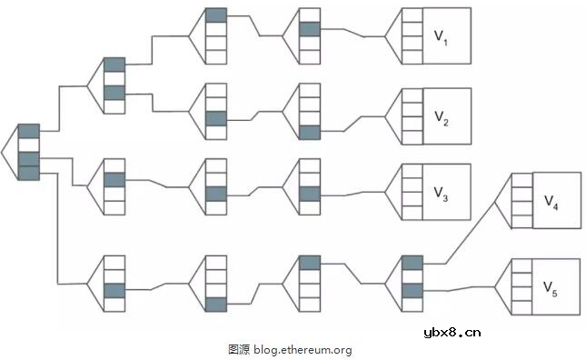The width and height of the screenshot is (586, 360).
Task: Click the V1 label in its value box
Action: point(440,37)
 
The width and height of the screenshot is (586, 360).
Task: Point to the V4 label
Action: point(551,201)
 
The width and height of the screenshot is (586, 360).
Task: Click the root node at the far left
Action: point(28,152)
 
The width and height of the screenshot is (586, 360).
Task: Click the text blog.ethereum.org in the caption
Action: point(302,348)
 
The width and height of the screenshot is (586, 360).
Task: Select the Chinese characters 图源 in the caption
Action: point(238,348)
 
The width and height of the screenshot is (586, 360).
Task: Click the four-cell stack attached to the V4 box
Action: point(521,201)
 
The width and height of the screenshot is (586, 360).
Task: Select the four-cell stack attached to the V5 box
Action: point(521,287)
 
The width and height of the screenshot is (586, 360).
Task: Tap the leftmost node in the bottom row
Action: point(114,283)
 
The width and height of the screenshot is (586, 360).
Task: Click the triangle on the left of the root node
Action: point(9,152)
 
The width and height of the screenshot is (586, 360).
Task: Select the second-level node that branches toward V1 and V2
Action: point(114,85)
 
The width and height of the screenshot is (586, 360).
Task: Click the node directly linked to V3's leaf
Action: point(310,185)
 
